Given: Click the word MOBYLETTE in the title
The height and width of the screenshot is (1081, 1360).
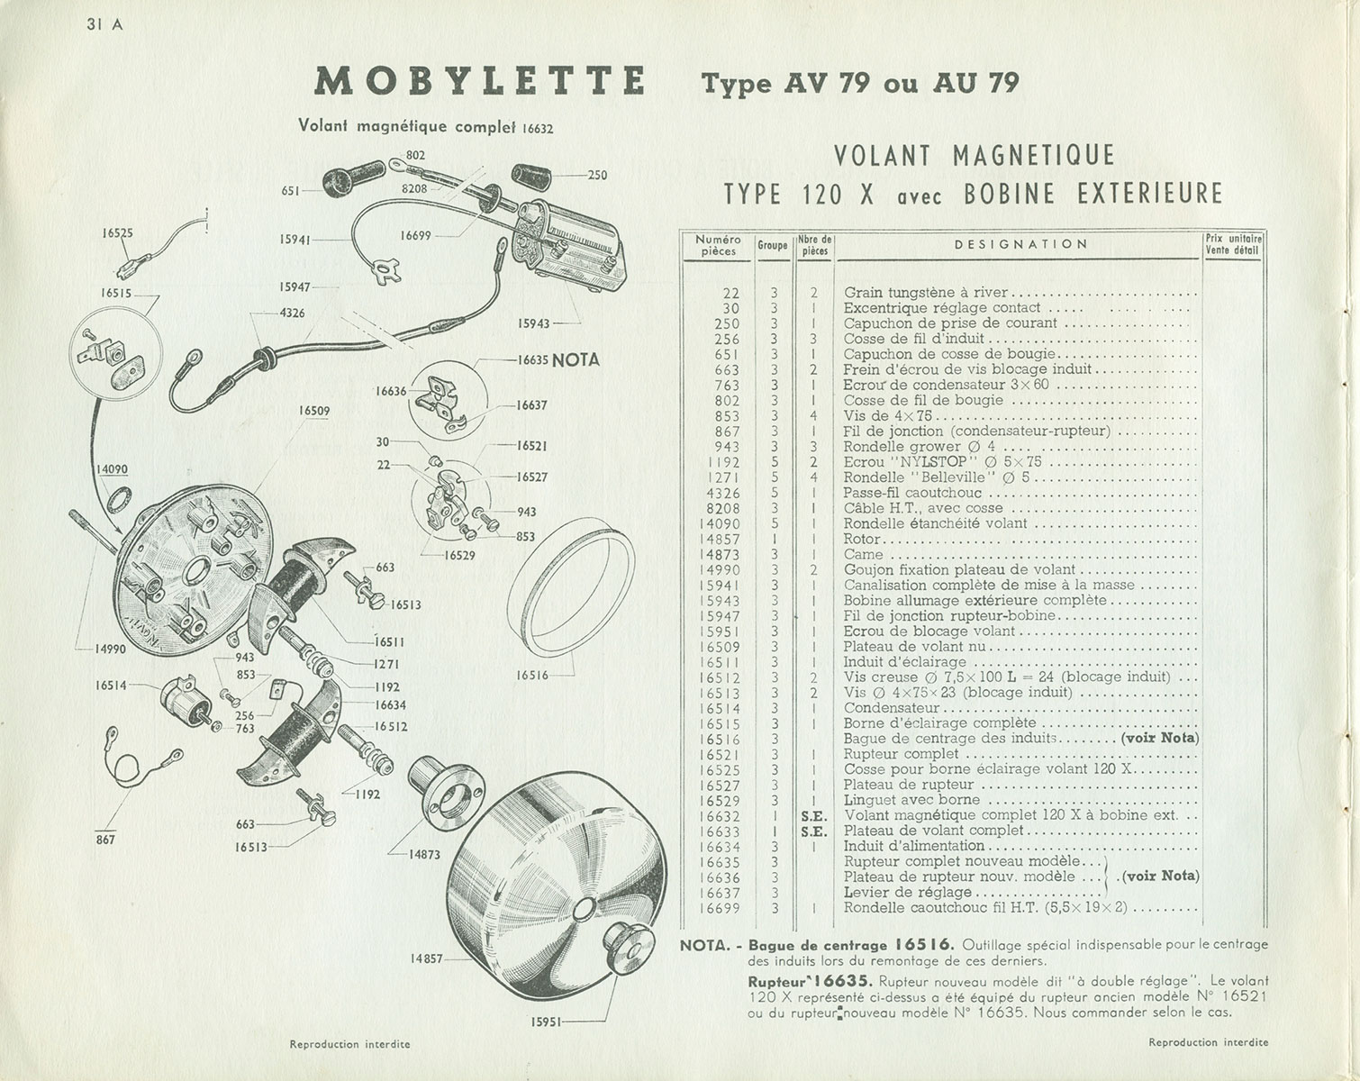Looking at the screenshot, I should (x=480, y=82).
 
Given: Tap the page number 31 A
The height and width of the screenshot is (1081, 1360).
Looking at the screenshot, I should (x=104, y=24).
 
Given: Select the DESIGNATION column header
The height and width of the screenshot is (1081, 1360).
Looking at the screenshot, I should (x=1020, y=244).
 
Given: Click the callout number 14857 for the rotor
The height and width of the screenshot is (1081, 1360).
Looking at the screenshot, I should (x=428, y=958).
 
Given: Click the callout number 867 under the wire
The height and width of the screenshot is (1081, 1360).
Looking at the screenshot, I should (x=106, y=840).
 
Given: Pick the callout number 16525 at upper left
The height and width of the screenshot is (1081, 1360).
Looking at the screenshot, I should (x=118, y=232).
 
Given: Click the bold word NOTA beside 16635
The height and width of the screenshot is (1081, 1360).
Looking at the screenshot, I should (x=576, y=360).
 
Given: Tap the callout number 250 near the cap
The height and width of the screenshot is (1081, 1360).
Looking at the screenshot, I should (x=597, y=175).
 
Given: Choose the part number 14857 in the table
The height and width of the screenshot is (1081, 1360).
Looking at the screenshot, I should (x=719, y=539).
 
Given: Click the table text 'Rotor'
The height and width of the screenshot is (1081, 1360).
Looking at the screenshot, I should (x=862, y=539).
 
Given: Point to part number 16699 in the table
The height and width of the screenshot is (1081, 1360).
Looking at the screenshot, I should (x=719, y=908).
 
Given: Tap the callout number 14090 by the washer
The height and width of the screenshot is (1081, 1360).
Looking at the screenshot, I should (x=112, y=468).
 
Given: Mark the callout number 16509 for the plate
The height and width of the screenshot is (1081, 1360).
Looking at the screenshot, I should (x=314, y=412).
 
